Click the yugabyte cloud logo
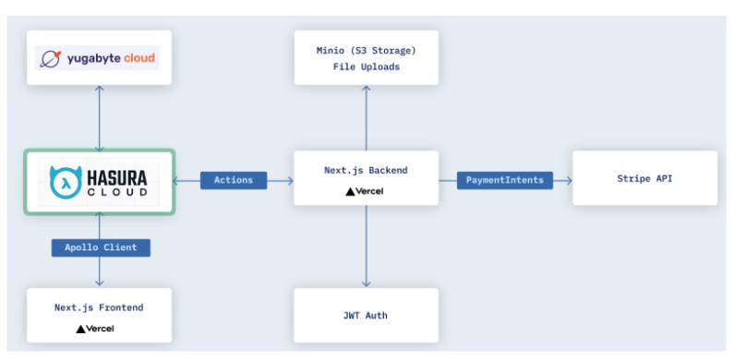pos(99,59)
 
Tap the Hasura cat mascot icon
pos(64,182)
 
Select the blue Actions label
pos(234,179)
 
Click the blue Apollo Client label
pos(100,247)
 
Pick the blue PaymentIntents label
pos(504,179)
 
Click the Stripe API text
pos(644,178)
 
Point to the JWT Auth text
pos(366,316)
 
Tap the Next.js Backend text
pos(366,171)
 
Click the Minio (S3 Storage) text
pos(366,50)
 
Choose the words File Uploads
pos(366,66)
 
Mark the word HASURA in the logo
pos(124,174)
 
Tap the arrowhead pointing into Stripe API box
pos(568,179)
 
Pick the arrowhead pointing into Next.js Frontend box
pos(99,282)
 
